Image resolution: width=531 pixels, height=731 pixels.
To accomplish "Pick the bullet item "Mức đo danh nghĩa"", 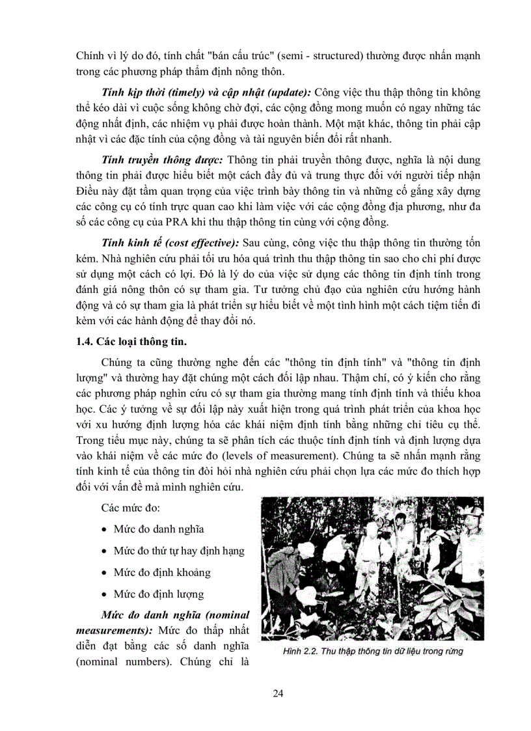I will [x=159, y=529].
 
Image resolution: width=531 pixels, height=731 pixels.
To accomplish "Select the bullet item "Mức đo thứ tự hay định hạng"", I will [x=179, y=551].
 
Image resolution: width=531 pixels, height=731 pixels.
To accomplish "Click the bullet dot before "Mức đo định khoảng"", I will [x=104, y=573].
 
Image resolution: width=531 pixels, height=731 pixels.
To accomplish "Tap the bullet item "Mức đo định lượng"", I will [x=159, y=594].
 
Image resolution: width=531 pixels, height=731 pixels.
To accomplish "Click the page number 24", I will [x=278, y=693].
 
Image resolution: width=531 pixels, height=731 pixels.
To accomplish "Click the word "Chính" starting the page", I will [x=89, y=55].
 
